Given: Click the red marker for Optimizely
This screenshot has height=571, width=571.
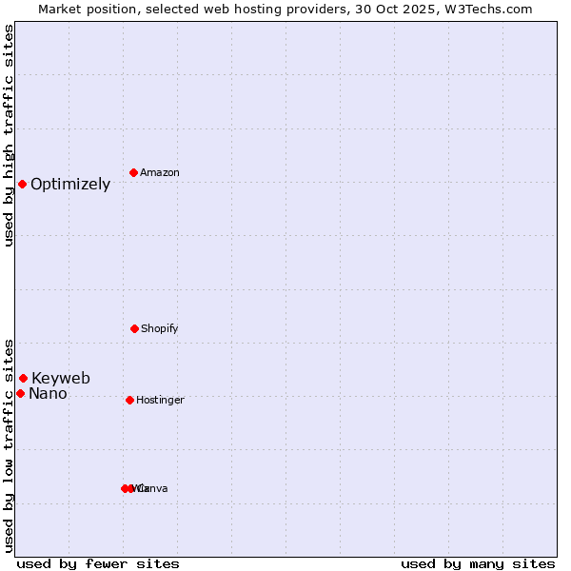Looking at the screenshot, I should coord(22,184).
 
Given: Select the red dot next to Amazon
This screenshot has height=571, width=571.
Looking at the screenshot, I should coord(133,172).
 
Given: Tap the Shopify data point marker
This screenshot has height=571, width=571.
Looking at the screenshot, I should coord(134,328).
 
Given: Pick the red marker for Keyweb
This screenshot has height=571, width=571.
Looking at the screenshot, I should coord(23,378).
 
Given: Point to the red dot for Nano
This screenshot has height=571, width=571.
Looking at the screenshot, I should coord(20,393).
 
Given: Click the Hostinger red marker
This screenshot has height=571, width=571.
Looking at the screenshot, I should coord(129,400).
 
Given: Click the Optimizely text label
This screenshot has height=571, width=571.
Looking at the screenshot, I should coord(70,185).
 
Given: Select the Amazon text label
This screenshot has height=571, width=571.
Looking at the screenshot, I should coord(159,173).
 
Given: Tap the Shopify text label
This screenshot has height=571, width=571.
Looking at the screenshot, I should coord(159,329).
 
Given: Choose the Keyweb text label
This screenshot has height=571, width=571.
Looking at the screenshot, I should coord(61,379).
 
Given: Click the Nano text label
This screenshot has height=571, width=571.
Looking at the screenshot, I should coord(48,394).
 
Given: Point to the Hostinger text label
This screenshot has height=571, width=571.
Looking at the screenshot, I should coord(160,401).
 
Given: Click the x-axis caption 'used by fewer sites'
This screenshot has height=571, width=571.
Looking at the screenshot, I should coord(98,563).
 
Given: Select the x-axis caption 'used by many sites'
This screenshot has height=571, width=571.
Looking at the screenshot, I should coord(478,563).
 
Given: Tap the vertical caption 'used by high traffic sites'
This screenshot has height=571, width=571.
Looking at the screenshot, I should coord(9,135).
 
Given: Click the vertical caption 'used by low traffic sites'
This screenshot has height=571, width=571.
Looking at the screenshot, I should coord(9,444).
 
